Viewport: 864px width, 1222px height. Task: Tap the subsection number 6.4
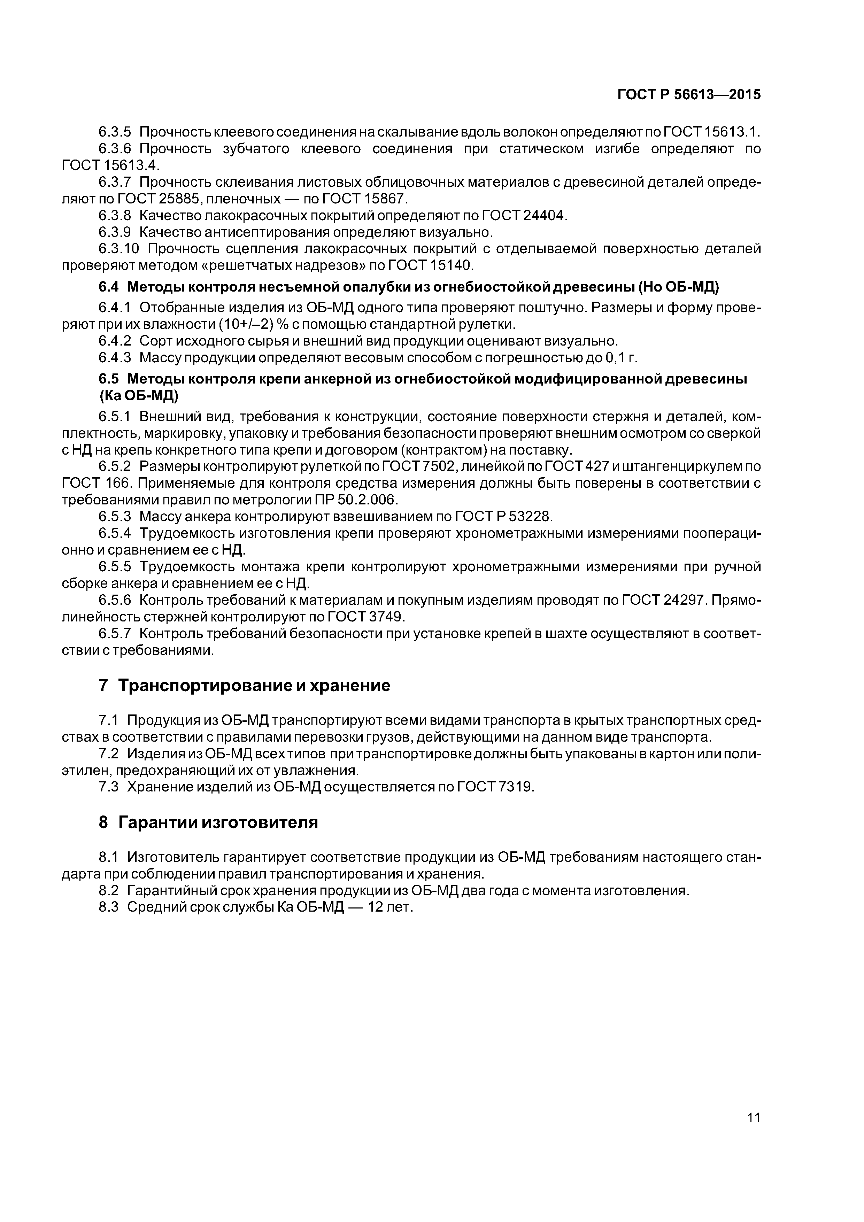[109, 287]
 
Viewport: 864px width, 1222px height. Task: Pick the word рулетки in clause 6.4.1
[487, 324]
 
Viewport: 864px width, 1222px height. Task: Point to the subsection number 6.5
[109, 379]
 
